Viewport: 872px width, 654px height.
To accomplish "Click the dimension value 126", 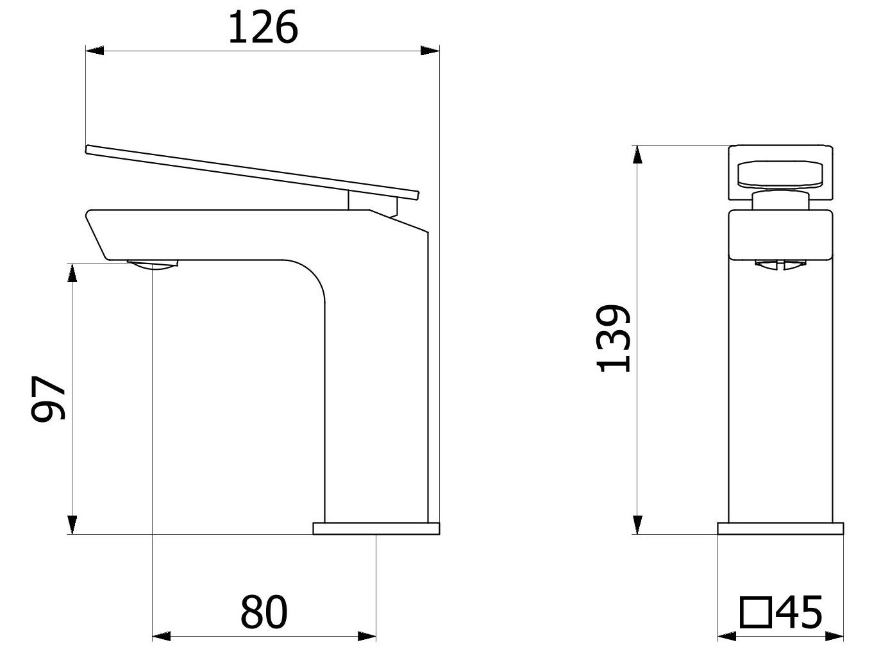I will click(263, 28).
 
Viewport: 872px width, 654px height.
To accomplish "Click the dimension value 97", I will click(49, 398).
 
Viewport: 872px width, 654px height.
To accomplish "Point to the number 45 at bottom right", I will click(798, 612).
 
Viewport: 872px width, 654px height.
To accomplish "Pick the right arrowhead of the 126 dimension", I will click(431, 51).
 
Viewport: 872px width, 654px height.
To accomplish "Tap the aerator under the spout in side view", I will click(153, 265).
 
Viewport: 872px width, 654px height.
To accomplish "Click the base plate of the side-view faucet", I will click(376, 528).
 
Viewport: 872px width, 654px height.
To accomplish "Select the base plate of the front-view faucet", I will click(781, 528).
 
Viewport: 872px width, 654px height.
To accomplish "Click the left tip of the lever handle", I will click(88, 149).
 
